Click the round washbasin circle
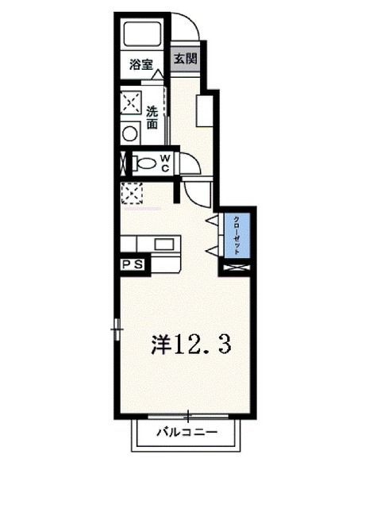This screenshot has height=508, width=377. [130, 133]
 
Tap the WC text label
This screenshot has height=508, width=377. [166, 163]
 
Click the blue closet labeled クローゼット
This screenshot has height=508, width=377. [237, 235]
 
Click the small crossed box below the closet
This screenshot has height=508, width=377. [237, 267]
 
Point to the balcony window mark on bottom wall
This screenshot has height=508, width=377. [187, 415]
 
